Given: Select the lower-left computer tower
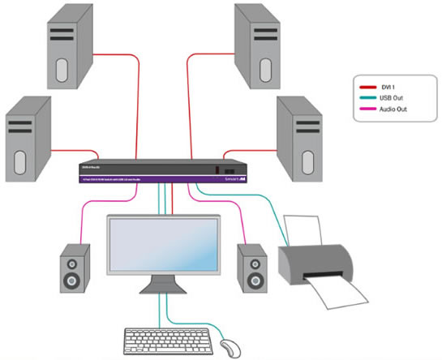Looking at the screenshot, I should (28, 139).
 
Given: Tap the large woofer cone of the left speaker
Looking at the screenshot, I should (72, 281).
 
